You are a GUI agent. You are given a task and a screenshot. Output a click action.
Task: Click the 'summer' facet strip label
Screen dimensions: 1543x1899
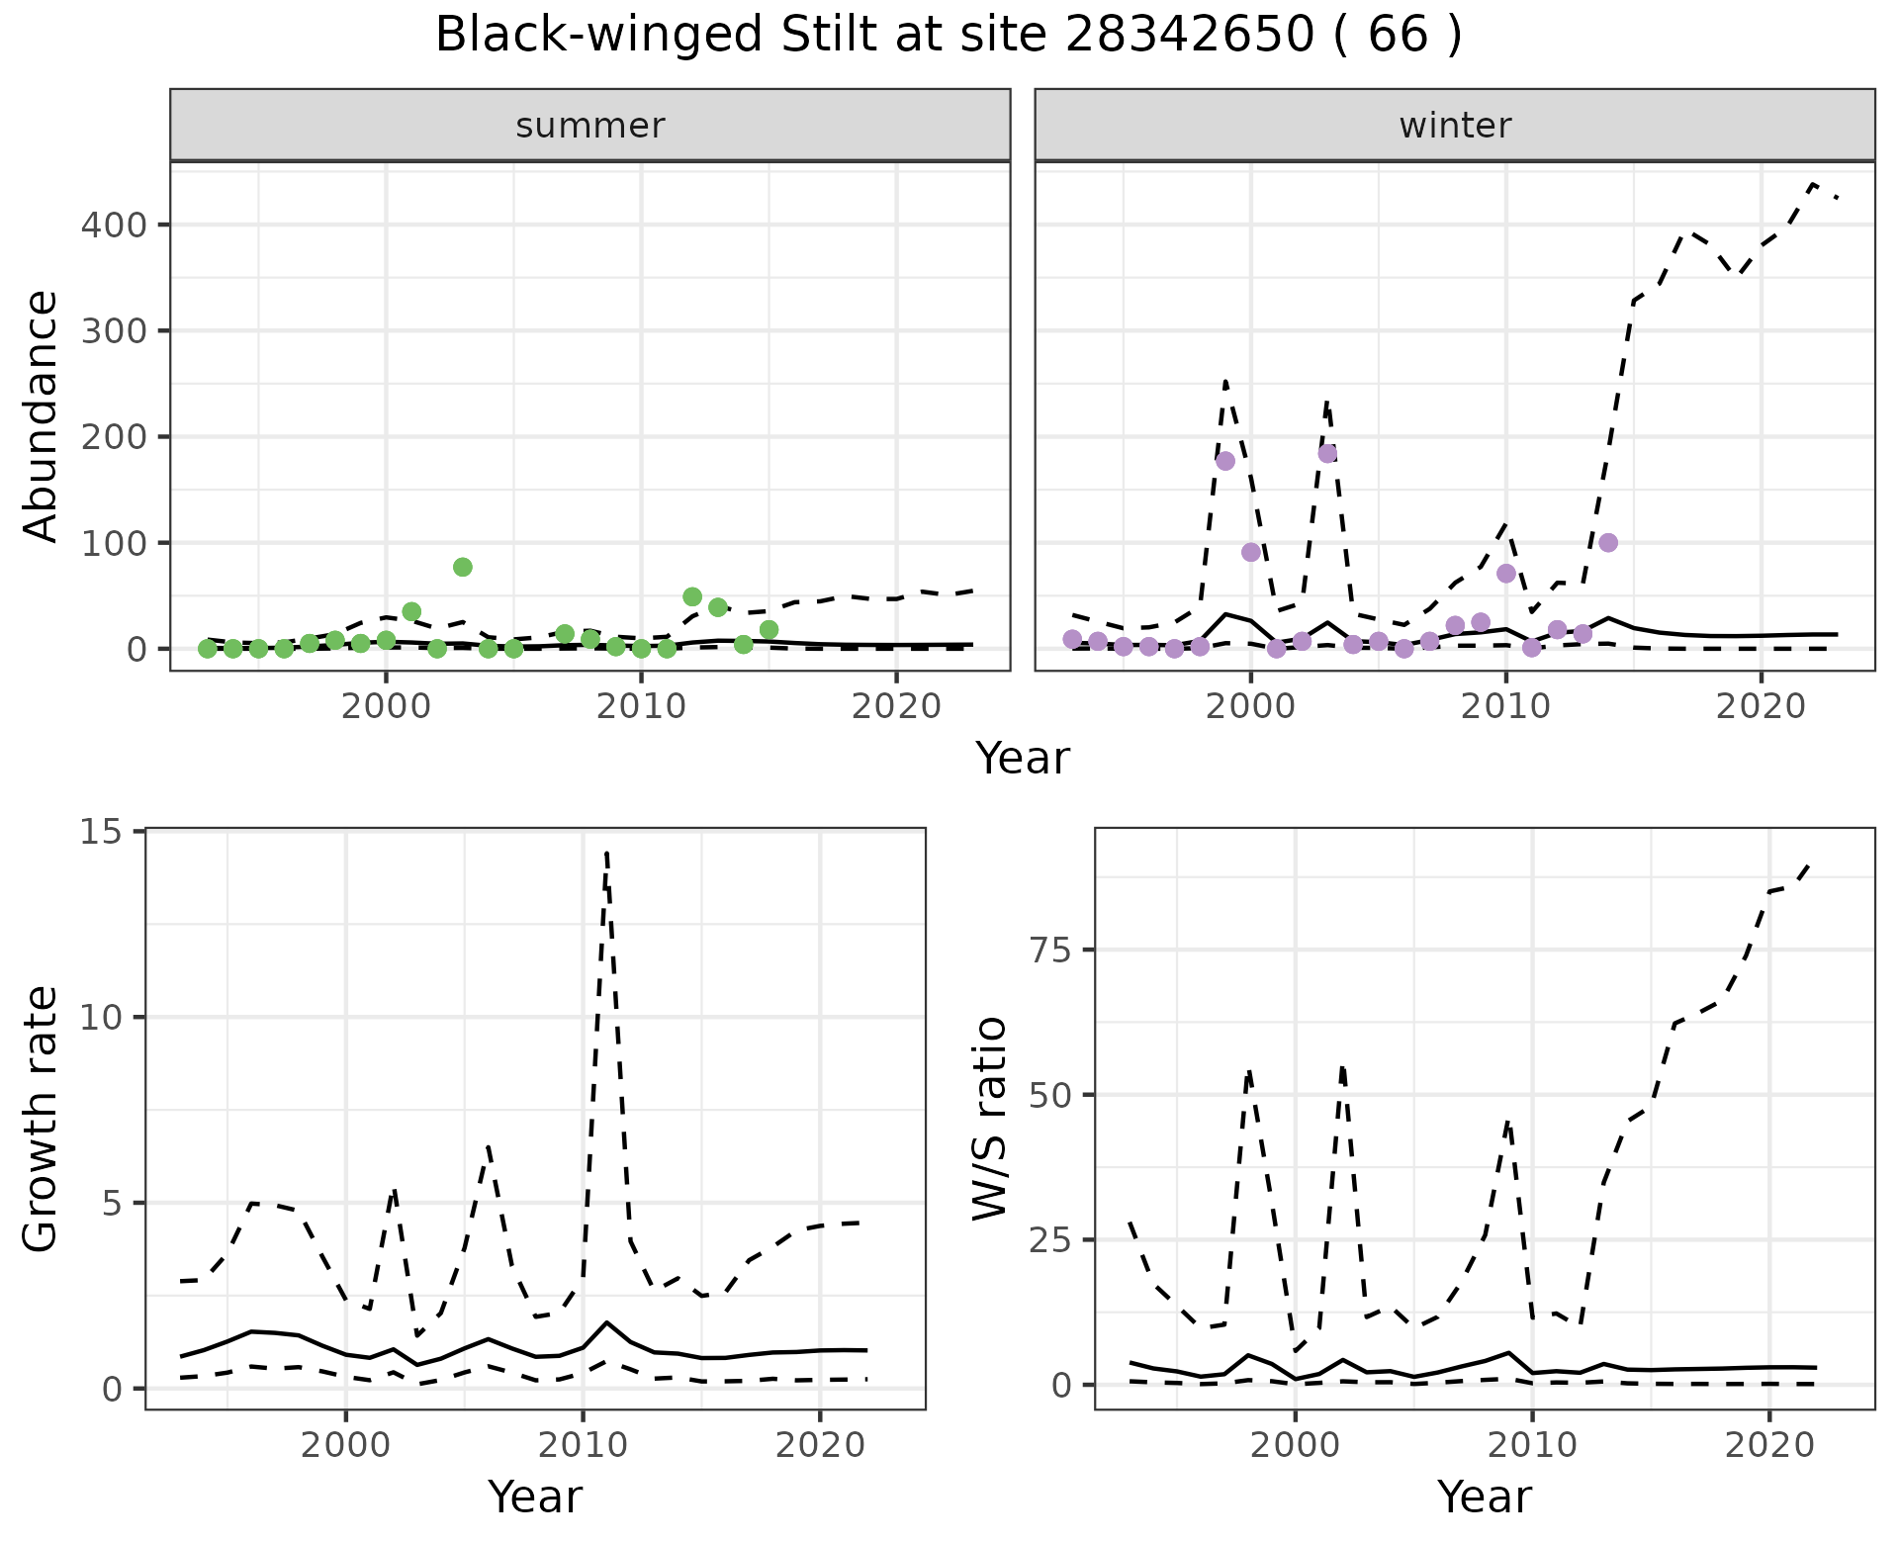[x=590, y=126]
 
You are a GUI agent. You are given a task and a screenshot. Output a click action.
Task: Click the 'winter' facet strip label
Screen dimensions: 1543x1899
[x=1455, y=126]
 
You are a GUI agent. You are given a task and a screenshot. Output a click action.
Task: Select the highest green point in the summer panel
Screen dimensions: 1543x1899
[x=462, y=567]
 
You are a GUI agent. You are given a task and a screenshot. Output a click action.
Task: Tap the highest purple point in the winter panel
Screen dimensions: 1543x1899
[x=1327, y=453]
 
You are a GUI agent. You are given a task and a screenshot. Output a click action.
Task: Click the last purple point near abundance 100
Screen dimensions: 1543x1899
[x=1608, y=542]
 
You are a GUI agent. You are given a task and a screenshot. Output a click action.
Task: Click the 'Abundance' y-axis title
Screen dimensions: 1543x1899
[x=42, y=415]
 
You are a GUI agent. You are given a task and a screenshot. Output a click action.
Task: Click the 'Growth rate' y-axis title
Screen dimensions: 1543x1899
[x=42, y=1120]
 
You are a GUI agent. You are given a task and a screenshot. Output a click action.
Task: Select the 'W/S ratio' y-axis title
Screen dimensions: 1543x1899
[x=990, y=1120]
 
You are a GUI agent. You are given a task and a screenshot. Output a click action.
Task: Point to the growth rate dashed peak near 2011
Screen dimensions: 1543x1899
[x=606, y=853]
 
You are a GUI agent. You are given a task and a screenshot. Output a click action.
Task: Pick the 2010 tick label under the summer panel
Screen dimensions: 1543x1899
[x=641, y=707]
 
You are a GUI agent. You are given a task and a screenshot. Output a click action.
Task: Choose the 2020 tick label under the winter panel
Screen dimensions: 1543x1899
[x=1761, y=707]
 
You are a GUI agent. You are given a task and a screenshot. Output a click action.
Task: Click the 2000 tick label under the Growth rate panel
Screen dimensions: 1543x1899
[x=345, y=1445]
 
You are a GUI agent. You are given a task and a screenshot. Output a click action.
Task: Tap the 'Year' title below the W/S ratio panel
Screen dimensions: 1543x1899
[x=1484, y=1497]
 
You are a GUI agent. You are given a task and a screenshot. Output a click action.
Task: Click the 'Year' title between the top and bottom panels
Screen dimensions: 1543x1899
[x=1023, y=759]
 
